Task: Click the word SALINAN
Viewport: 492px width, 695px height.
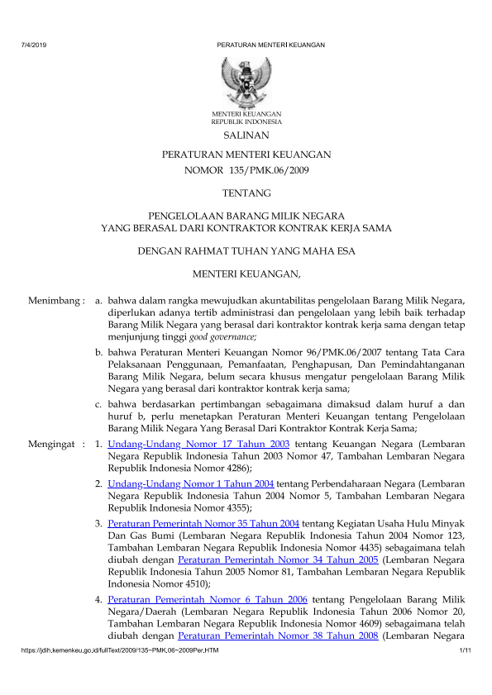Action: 246,135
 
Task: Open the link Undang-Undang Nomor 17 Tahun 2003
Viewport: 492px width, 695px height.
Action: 198,445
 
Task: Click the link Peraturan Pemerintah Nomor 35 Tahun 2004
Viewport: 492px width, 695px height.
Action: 203,523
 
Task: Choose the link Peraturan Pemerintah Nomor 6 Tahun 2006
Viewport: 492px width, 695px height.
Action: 208,597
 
